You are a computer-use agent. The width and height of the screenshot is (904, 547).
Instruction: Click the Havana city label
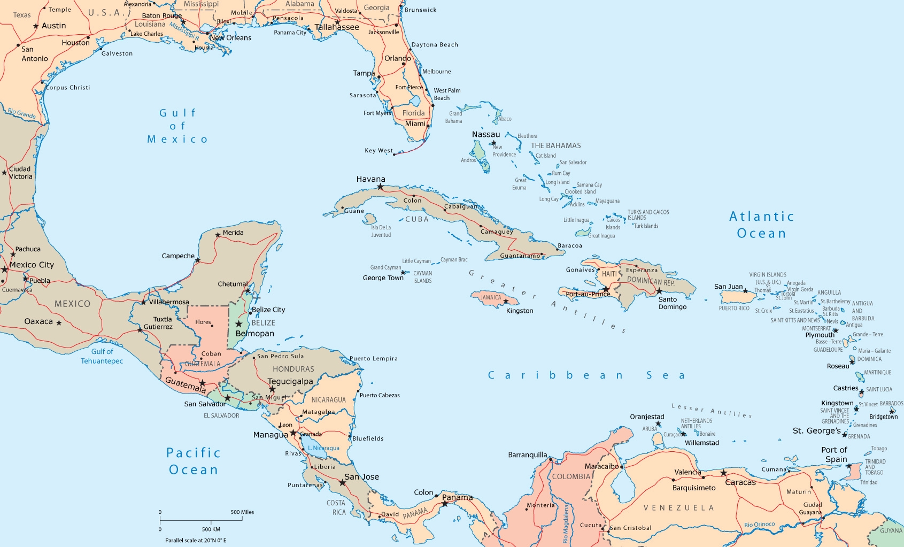(370, 179)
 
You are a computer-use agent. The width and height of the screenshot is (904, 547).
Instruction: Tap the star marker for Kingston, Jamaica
(506, 302)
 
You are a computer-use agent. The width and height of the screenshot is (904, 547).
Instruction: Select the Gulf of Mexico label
(177, 126)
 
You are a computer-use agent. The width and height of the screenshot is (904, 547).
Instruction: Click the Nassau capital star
(493, 143)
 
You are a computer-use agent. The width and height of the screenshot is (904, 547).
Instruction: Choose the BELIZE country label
(264, 323)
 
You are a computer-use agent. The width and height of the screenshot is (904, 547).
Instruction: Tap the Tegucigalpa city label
(290, 381)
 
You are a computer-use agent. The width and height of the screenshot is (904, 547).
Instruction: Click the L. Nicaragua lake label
(323, 448)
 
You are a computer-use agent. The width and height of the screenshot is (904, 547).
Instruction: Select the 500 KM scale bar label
(211, 529)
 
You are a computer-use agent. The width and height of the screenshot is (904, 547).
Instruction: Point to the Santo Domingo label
(672, 303)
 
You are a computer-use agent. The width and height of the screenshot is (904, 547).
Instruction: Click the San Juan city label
(728, 287)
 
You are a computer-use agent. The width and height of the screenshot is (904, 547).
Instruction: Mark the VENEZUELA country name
(678, 508)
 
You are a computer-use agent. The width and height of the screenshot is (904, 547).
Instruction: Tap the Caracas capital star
(723, 473)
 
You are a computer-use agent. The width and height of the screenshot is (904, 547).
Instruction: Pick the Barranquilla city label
(527, 455)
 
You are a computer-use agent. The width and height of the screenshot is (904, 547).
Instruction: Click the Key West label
(378, 151)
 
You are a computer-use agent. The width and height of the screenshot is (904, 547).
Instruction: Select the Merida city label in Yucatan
(233, 233)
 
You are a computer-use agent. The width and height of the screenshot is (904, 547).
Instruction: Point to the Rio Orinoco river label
(759, 525)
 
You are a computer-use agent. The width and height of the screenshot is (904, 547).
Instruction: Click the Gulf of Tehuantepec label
(102, 356)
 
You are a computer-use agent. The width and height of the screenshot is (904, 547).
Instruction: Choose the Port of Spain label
(835, 454)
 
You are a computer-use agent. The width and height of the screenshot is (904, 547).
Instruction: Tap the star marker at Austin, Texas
(36, 26)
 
